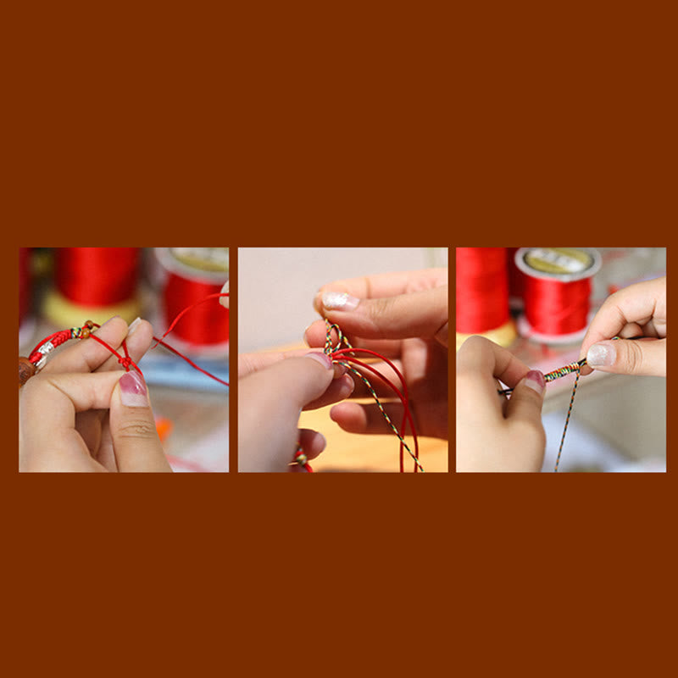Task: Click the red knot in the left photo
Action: coord(125,362)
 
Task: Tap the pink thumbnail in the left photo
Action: coord(133,389)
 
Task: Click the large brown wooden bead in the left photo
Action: coord(25,370)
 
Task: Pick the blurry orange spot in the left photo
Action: coord(162,427)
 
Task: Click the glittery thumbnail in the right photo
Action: coord(601,355)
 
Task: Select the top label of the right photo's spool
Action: coord(557,260)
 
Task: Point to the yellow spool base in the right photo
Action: coord(496,336)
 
